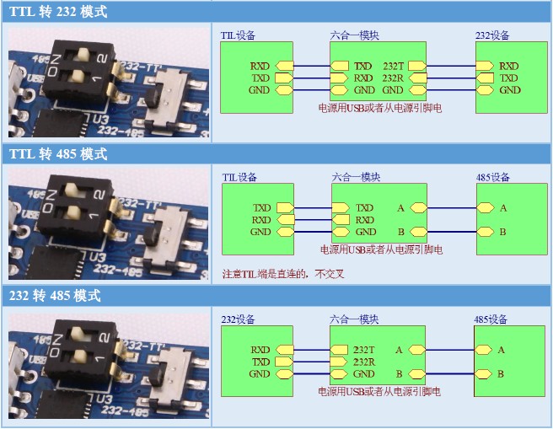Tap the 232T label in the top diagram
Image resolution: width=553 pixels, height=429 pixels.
(393, 66)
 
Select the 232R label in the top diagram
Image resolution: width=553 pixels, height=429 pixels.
(393, 78)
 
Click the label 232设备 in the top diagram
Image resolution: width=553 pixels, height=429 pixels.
(492, 35)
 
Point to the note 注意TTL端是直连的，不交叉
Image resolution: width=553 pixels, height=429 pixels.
(283, 274)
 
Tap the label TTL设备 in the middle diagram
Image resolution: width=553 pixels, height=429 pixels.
(239, 178)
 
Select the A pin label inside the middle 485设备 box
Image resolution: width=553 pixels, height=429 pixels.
(503, 207)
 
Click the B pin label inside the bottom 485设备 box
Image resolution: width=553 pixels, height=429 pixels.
(501, 373)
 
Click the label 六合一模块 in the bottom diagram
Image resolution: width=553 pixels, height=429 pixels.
(354, 320)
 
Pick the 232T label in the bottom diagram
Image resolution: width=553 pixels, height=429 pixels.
(364, 350)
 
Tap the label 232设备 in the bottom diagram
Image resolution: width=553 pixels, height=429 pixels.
(238, 320)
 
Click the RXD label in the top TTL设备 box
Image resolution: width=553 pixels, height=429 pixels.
(260, 66)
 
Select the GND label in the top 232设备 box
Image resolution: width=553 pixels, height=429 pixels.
(510, 90)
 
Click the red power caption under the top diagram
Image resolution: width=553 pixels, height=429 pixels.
(379, 108)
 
